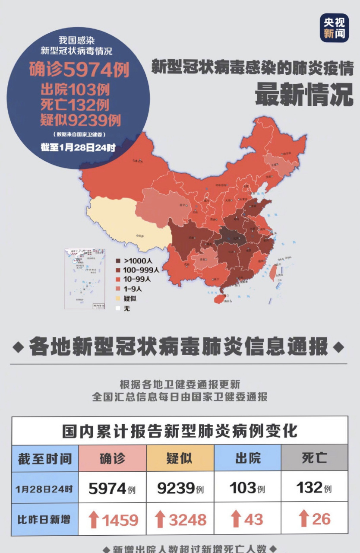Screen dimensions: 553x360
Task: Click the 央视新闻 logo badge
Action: [x=334, y=27]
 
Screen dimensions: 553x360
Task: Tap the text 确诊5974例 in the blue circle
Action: [x=79, y=70]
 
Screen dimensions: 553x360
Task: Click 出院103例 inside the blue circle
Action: [x=75, y=90]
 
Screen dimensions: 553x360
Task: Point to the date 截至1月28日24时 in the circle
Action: [x=78, y=147]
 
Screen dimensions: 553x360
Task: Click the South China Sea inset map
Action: [x=85, y=279]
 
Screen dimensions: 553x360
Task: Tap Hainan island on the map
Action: [x=219, y=298]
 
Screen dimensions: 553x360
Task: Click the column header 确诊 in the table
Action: [x=112, y=458]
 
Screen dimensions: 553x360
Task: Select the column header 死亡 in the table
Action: [x=314, y=458]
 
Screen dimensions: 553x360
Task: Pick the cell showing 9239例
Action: [x=180, y=488]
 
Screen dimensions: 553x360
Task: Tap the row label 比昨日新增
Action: [x=44, y=520]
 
